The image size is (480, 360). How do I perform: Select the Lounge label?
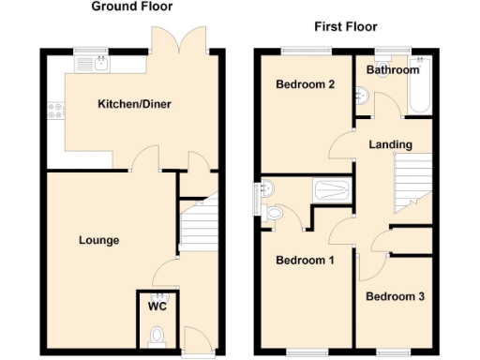point(98,240)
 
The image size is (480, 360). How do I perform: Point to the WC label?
point(157,305)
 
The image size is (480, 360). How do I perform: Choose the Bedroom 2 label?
point(306,84)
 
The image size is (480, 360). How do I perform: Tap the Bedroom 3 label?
point(395,297)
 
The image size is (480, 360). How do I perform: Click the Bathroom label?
point(392,70)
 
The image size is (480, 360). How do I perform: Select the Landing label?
point(387,144)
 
